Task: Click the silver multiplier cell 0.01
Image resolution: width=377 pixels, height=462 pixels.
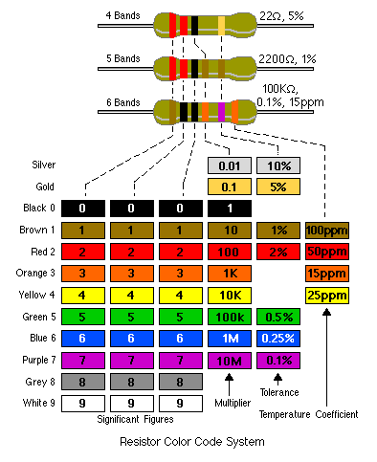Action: pos(229,165)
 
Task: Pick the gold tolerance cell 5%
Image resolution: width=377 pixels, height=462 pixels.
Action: pos(278,187)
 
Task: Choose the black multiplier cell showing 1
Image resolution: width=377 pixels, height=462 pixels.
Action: pos(229,208)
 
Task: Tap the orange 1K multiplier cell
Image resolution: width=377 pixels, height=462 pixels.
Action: pos(229,274)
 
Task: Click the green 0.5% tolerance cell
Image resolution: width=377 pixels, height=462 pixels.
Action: pos(278,317)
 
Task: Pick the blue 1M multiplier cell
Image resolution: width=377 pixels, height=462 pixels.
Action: pos(229,339)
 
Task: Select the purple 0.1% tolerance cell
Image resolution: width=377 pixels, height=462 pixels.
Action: pos(278,361)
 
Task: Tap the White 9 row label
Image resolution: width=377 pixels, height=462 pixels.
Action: pos(35,404)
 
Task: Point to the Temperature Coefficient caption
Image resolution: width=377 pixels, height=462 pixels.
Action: pos(308,414)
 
